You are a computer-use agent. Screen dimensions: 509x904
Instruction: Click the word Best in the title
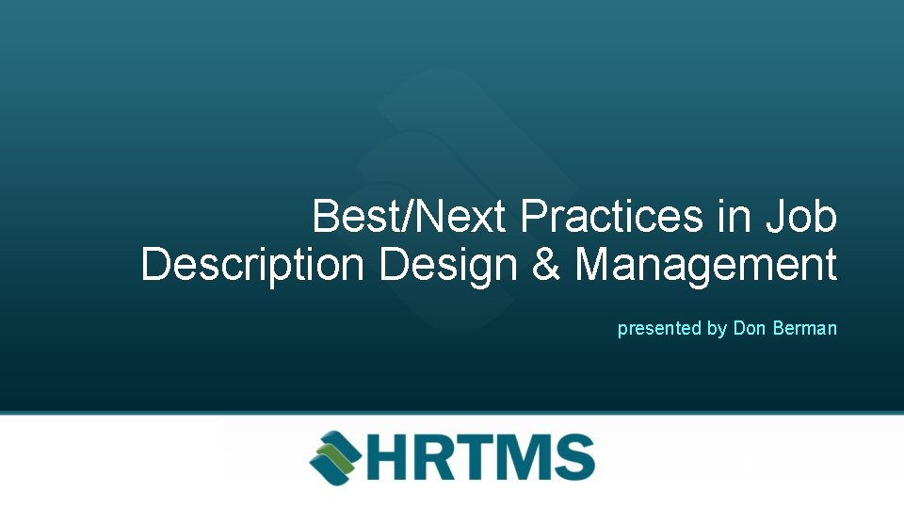coord(353,216)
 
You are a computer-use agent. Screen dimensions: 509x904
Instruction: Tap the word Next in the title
coord(460,216)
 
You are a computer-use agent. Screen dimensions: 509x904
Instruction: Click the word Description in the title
coord(252,265)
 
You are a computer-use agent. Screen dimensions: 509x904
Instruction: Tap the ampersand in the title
coord(546,265)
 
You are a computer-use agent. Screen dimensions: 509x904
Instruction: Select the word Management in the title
coord(706,265)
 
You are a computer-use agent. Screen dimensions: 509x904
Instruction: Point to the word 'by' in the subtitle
coord(717,329)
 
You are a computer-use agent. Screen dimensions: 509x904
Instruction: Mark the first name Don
coord(750,329)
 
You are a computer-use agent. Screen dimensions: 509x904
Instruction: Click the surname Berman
coord(804,329)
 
